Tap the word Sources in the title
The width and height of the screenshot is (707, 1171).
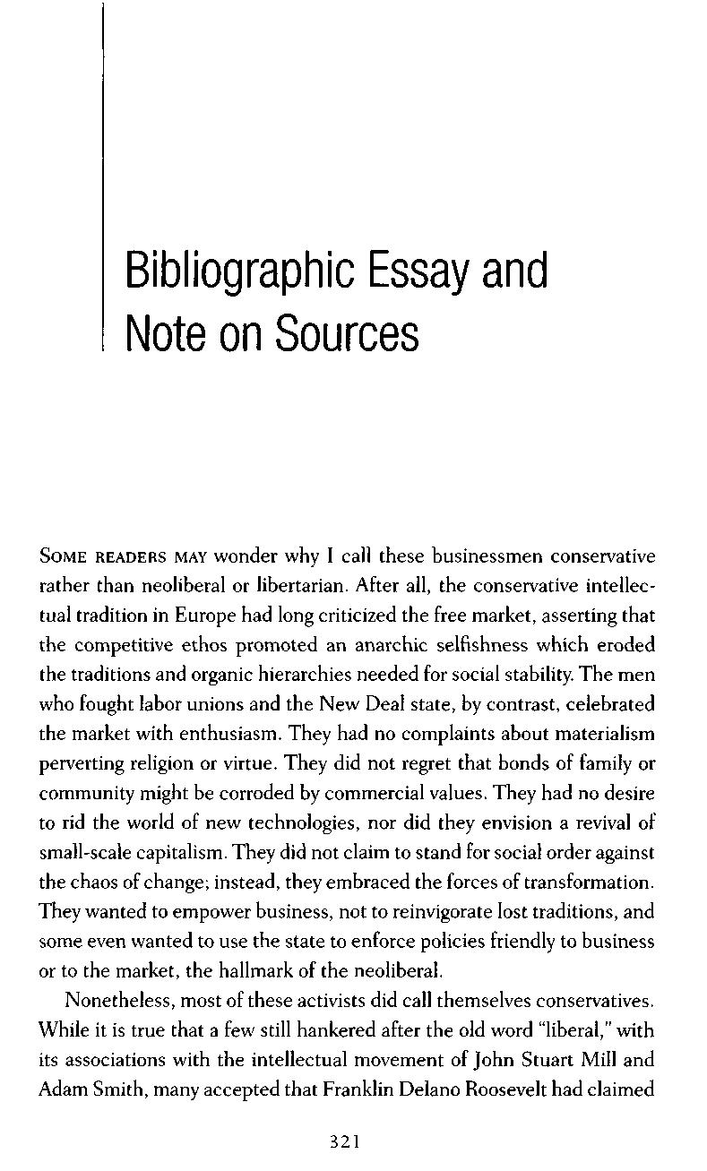[347, 333]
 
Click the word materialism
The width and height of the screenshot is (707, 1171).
[600, 734]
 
